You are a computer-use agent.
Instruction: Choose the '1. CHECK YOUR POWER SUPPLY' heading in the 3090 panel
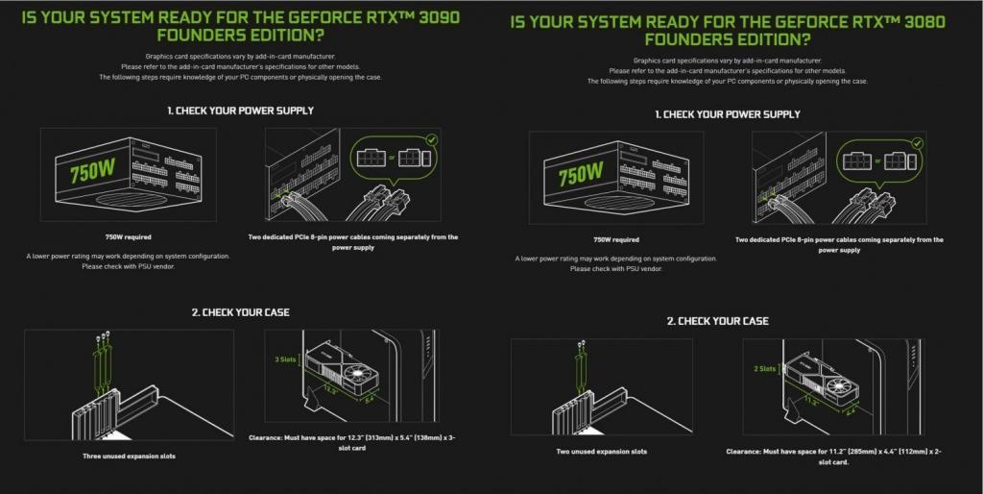click(x=240, y=111)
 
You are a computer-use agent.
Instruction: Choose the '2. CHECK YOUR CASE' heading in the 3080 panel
click(x=717, y=321)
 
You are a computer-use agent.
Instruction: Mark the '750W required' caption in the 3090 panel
click(x=128, y=235)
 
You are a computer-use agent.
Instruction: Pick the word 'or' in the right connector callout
click(x=874, y=156)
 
